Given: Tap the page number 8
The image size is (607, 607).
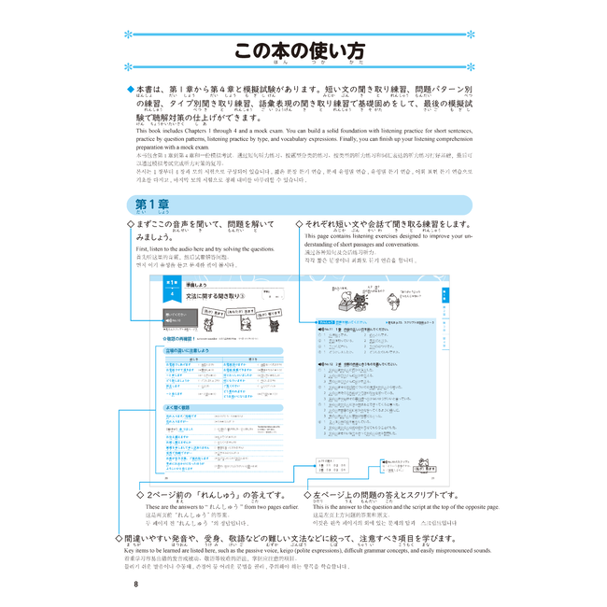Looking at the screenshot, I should coord(135,585).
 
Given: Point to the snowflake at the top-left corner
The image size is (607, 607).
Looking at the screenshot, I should coord(129,35).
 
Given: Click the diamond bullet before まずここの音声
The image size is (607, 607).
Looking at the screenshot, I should coord(130,225).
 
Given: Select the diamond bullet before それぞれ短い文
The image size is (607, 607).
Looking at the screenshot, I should coord(299,225).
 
